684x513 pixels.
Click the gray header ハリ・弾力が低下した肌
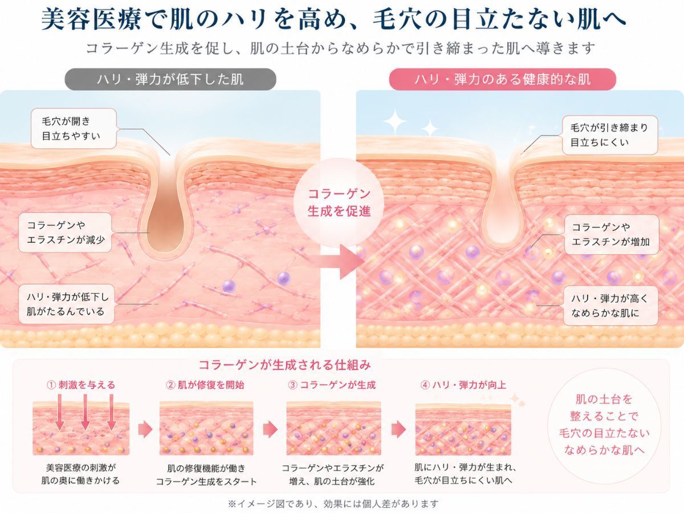click(x=170, y=79)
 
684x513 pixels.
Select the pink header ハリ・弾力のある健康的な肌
click(x=502, y=79)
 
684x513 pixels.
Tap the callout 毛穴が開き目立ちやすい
click(x=74, y=129)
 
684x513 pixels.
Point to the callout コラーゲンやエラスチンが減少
click(x=65, y=233)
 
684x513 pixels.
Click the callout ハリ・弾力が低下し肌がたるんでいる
click(x=66, y=304)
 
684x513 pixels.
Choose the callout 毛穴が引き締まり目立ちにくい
click(x=610, y=135)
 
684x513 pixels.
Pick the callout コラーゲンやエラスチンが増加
click(x=612, y=234)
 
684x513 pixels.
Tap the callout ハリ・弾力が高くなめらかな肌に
click(x=611, y=306)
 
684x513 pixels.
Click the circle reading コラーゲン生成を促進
click(x=339, y=202)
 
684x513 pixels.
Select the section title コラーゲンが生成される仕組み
click(x=284, y=365)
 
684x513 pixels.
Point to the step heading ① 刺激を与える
click(x=81, y=385)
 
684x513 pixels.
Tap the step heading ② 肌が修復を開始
click(x=205, y=385)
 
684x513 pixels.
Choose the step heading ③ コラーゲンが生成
click(x=332, y=385)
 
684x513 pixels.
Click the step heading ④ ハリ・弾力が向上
click(x=463, y=385)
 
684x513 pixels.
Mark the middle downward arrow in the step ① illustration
click(x=85, y=412)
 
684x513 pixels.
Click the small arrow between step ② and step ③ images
click(x=270, y=430)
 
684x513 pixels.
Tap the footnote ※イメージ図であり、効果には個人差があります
click(x=333, y=504)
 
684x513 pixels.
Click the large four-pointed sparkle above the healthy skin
click(x=395, y=121)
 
